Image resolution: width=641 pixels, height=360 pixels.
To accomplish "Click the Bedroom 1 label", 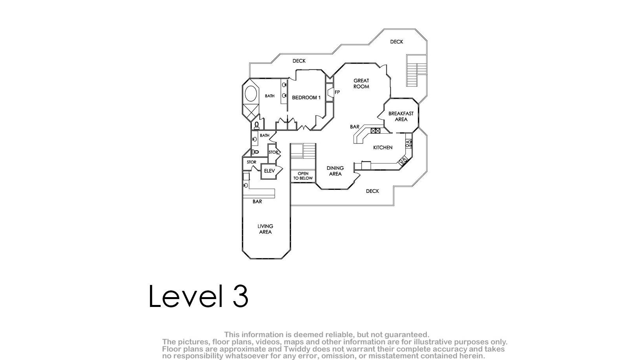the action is pos(306,97).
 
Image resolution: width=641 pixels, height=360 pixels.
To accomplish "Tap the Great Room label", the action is pos(361,84).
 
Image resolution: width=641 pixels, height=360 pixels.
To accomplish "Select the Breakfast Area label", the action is pos(401,116).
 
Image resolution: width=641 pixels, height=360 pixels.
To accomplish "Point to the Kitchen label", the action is pos(383,147).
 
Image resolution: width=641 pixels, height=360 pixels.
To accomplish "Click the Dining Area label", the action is pos(335,171).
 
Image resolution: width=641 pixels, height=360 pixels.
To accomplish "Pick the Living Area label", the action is pos(265,229).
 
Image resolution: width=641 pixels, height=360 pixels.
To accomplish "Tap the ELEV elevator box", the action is pos(269,171).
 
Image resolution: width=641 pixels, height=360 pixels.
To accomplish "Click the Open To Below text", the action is pos(303,176).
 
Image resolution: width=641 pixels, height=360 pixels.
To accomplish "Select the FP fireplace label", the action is pos(337,92).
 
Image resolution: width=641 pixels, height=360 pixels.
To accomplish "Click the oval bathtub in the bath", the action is pos(251,94).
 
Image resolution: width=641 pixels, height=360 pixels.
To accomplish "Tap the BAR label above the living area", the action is pos(257,202).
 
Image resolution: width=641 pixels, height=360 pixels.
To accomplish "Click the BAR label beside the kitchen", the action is pos(355,127).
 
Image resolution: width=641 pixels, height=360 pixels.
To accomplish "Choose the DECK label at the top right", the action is pos(397,42).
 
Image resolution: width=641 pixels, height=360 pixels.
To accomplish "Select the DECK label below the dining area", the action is pos(372,191).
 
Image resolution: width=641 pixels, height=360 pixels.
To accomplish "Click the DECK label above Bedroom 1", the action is pos(299,61).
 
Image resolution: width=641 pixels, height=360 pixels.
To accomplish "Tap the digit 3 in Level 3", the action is pos(240,296).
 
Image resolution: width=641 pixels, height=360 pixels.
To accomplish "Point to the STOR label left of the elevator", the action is pos(251,162).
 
